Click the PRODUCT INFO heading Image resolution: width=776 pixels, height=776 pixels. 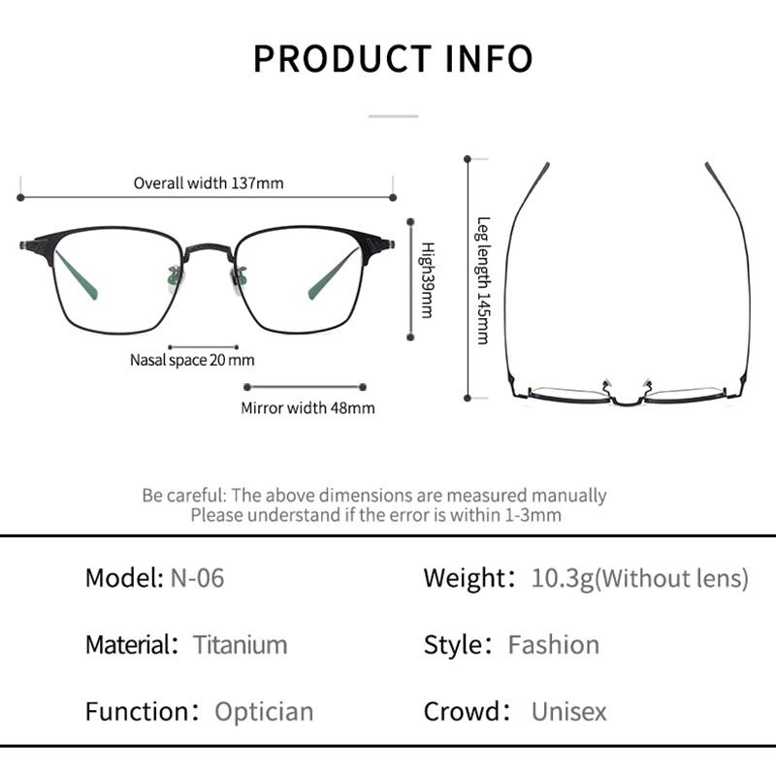click(x=393, y=59)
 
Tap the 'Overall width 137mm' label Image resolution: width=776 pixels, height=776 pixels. click(x=209, y=183)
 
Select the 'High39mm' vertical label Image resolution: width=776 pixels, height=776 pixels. click(x=427, y=279)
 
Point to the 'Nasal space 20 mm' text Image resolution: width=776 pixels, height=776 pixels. click(x=192, y=360)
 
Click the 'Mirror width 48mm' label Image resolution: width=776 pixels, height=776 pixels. click(x=307, y=407)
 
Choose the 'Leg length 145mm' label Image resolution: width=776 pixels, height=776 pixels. click(x=483, y=280)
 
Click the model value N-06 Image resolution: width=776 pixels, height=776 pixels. click(x=197, y=577)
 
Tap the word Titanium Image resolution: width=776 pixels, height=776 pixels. click(x=240, y=644)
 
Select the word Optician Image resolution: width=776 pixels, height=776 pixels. click(x=264, y=712)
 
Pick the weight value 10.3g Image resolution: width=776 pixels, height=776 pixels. click(x=563, y=578)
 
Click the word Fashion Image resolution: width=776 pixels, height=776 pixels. click(x=553, y=644)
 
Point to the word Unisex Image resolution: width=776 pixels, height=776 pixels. click(x=568, y=712)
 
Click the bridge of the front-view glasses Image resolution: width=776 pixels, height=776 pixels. click(x=209, y=249)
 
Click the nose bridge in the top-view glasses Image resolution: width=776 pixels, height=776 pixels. click(x=627, y=401)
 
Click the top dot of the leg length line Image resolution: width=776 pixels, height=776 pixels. click(x=468, y=159)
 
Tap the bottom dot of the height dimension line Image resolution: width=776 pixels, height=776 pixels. click(x=410, y=337)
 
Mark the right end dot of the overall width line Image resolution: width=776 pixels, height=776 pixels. click(x=393, y=198)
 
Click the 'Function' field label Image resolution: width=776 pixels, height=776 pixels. click(x=142, y=712)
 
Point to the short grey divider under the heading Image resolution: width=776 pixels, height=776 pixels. click(x=393, y=116)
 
